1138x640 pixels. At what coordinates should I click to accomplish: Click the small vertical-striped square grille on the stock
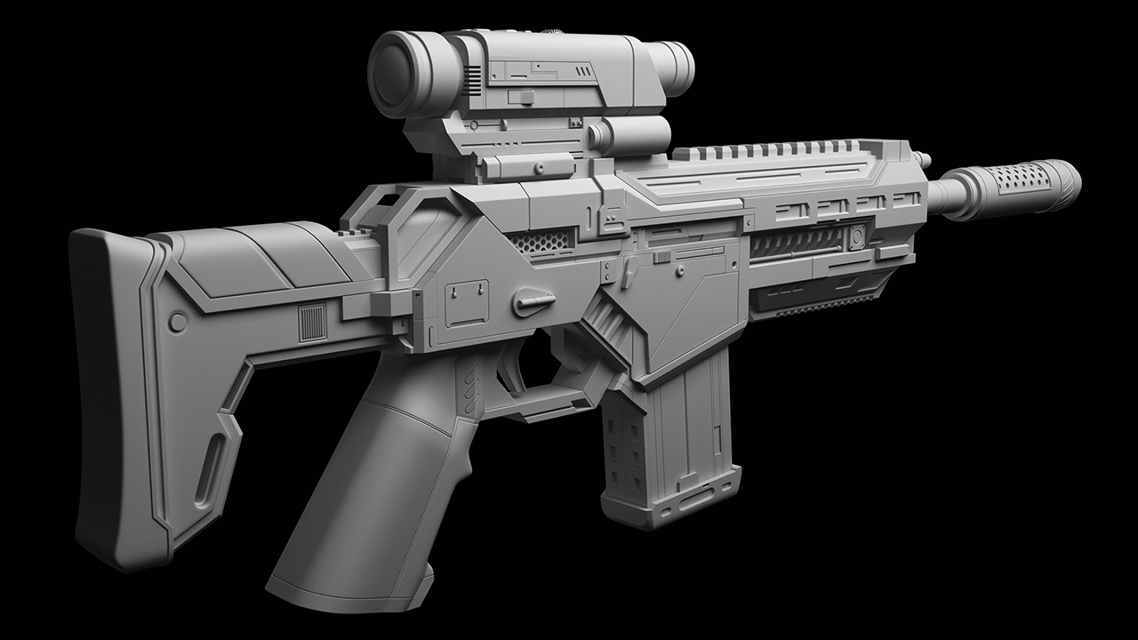pyautogui.click(x=311, y=323)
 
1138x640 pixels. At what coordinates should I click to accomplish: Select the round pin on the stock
pyautogui.click(x=177, y=321)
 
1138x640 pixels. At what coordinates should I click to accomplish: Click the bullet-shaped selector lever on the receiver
pyautogui.click(x=534, y=303)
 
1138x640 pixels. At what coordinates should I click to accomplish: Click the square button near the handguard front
pyautogui.click(x=857, y=237)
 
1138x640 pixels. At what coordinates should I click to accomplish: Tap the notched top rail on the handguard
pyautogui.click(x=765, y=151)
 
